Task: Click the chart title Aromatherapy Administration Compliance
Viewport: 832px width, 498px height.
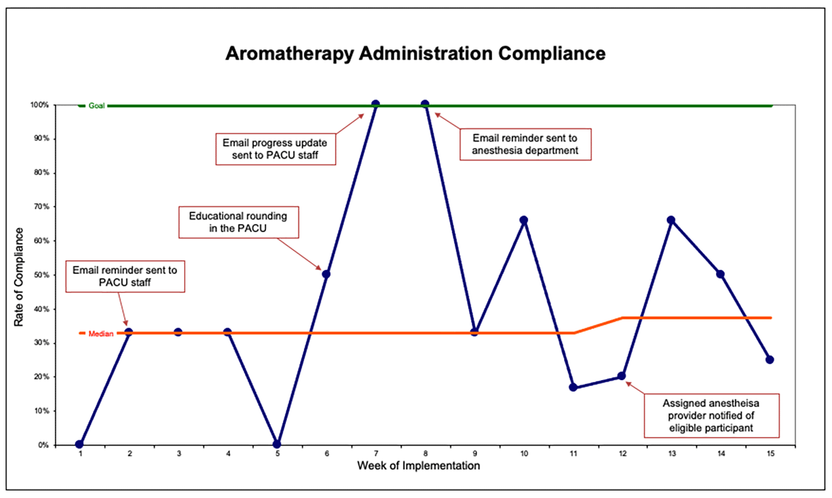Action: [415, 54]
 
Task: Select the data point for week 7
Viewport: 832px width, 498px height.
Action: [376, 105]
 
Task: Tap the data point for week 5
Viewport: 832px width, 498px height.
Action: [277, 444]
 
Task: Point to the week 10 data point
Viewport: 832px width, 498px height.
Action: [523, 220]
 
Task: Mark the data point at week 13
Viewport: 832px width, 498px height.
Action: [671, 220]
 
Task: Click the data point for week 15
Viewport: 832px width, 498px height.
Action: [769, 359]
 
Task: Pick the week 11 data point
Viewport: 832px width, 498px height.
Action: [572, 387]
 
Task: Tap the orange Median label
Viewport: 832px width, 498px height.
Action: [101, 334]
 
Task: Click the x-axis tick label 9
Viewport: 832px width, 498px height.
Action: [474, 454]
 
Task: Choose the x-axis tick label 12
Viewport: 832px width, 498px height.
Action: [622, 454]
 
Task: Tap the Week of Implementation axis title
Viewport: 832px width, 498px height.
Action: [418, 466]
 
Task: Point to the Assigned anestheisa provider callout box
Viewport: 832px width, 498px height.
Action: [712, 415]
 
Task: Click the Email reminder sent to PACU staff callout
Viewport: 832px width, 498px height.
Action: [125, 276]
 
